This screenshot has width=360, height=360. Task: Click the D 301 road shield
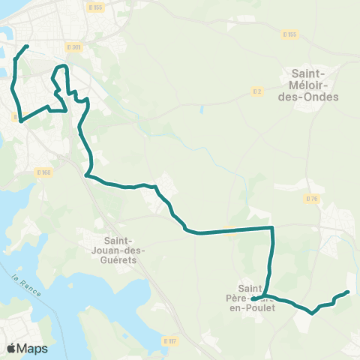[x=73, y=47]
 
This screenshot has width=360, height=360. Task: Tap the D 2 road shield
[x=257, y=91]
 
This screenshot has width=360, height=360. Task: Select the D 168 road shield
[x=43, y=172]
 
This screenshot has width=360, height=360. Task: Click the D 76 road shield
[x=313, y=198]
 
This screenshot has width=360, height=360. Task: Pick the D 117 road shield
[x=170, y=340]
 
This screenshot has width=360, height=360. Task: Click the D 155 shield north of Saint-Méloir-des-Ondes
[x=289, y=34]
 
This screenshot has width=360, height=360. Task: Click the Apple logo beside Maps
[x=11, y=348]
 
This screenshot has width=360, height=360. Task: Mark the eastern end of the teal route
[x=348, y=292]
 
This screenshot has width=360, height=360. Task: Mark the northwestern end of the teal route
[x=27, y=46]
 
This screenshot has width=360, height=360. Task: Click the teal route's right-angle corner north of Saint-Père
[x=271, y=226]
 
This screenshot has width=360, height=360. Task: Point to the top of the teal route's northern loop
[x=62, y=67]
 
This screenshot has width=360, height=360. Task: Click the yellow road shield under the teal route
[x=231, y=230]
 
